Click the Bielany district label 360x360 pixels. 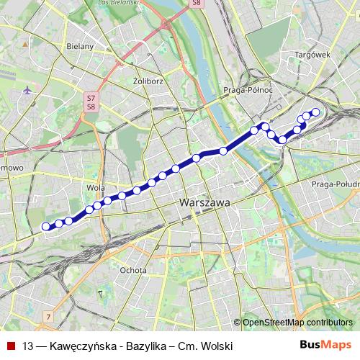80,46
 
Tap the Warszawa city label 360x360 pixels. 205,204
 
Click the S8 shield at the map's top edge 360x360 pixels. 196,4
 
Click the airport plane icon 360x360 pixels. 27,91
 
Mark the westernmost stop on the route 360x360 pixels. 47,226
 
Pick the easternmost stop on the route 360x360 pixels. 315,112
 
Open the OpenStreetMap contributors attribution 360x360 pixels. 297,323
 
